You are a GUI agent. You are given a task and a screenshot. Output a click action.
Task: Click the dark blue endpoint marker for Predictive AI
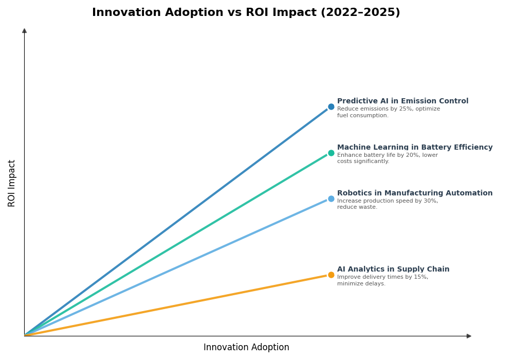pyautogui.click(x=331, y=107)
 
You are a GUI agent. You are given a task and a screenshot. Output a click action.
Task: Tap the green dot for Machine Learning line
pyautogui.click(x=331, y=153)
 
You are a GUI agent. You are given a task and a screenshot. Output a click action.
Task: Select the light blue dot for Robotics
pyautogui.click(x=331, y=199)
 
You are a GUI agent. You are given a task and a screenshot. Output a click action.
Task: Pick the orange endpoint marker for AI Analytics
pyautogui.click(x=331, y=275)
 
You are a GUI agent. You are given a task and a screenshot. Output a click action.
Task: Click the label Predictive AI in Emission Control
pyautogui.click(x=402, y=101)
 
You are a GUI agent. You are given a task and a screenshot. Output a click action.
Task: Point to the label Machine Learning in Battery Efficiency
pyautogui.click(x=414, y=148)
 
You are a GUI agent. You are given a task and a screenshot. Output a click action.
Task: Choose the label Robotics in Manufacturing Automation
pyautogui.click(x=414, y=193)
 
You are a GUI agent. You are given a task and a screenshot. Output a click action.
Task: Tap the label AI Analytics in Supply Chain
pyautogui.click(x=393, y=269)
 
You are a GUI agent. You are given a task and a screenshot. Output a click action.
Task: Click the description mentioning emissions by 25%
pyautogui.click(x=388, y=112)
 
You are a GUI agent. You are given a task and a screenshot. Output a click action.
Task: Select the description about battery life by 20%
pyautogui.click(x=387, y=158)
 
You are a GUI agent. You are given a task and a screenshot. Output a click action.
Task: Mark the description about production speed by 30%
pyautogui.click(x=387, y=204)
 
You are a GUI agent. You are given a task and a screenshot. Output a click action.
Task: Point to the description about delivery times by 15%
pyautogui.click(x=382, y=280)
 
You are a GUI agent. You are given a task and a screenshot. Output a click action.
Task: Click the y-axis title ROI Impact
pyautogui.click(x=12, y=183)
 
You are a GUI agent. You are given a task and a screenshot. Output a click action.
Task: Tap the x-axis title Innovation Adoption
pyautogui.click(x=246, y=348)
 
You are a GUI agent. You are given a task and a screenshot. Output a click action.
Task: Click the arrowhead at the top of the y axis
pyautogui.click(x=24, y=31)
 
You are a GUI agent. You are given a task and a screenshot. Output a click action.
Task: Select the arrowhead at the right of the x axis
pyautogui.click(x=469, y=336)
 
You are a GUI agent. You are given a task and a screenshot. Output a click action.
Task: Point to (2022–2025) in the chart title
pyautogui.click(x=360, y=13)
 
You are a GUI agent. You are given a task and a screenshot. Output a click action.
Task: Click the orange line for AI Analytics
pyautogui.click(x=175, y=305)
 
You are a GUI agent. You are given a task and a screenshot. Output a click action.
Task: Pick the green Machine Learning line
pyautogui.click(x=175, y=245)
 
